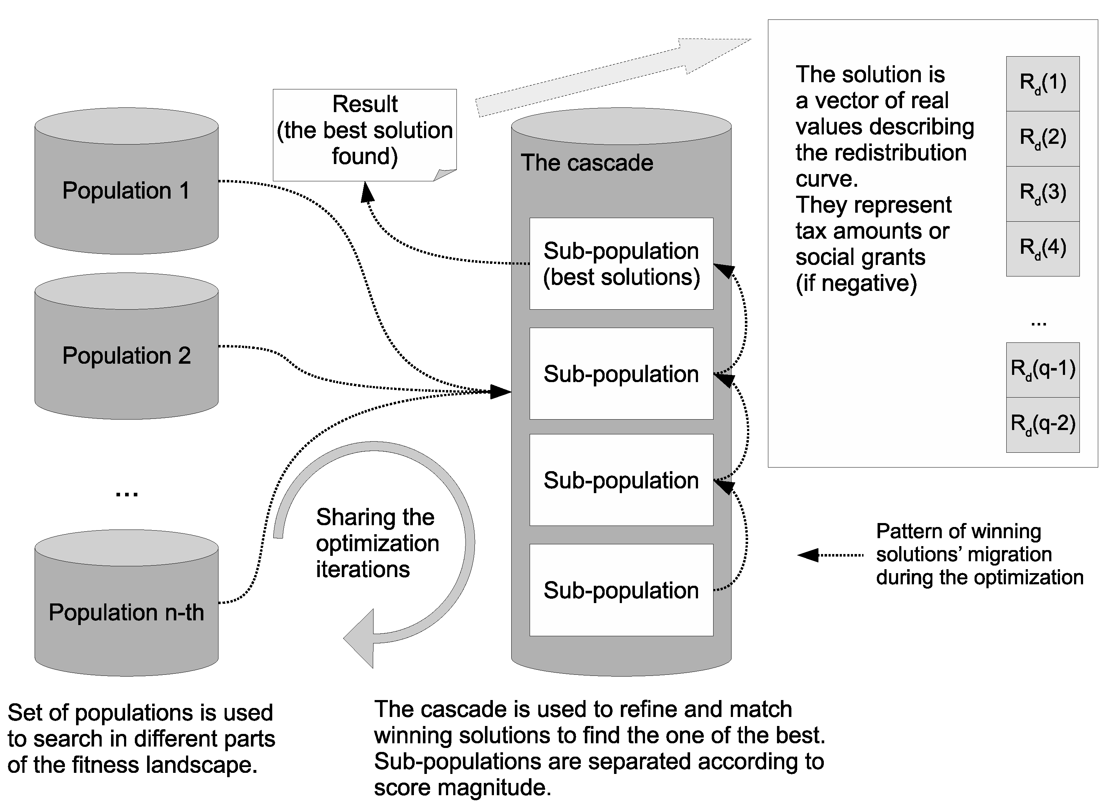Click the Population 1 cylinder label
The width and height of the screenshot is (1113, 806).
click(126, 191)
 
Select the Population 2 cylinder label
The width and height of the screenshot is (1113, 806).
click(126, 356)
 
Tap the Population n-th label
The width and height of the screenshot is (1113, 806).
click(126, 612)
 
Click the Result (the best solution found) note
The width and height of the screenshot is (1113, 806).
click(365, 130)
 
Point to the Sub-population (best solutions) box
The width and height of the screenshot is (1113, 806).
click(621, 264)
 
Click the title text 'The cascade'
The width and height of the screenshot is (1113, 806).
click(587, 163)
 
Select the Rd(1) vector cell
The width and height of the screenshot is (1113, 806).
click(1042, 83)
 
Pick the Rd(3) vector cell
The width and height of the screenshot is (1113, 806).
click(1042, 193)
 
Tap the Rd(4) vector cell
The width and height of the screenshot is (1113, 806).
click(1042, 248)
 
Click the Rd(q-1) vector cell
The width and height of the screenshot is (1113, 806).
click(1042, 369)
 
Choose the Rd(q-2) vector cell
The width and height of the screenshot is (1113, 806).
click(1042, 424)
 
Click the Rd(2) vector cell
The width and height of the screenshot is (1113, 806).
click(1042, 138)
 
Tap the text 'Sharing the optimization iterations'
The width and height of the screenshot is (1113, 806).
click(377, 543)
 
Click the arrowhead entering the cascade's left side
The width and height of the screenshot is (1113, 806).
click(500, 391)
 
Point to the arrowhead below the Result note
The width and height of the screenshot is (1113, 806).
click(367, 192)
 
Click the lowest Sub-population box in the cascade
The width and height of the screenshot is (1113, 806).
click(621, 590)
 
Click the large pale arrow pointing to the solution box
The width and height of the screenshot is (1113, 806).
click(613, 77)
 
